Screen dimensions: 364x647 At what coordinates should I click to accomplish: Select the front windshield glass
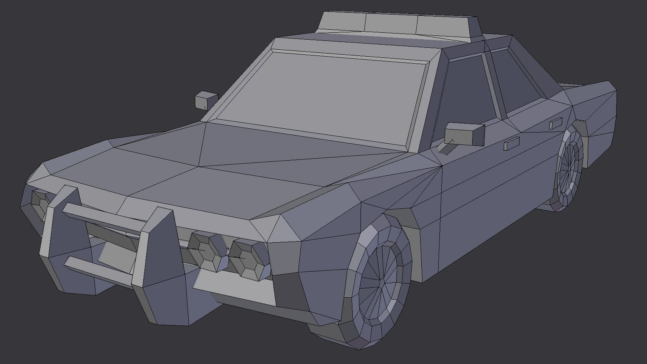point(323,92)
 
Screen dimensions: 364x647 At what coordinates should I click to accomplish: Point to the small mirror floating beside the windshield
point(206,101)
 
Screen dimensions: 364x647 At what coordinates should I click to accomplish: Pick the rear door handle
point(555,124)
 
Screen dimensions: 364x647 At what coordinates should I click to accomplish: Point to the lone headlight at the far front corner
point(39,200)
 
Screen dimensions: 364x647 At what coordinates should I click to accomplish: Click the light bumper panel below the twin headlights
point(235,289)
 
